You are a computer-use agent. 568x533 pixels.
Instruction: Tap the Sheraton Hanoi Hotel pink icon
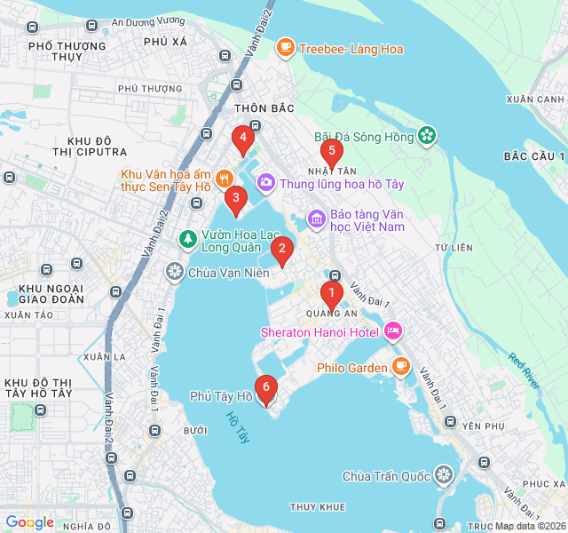point(394,332)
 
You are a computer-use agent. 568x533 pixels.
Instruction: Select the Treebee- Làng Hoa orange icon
point(285,49)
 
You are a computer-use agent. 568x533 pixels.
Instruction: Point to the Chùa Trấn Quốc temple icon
point(444,477)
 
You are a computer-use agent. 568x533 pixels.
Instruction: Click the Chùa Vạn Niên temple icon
point(175,273)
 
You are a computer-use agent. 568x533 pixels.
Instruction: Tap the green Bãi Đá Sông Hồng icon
point(427,136)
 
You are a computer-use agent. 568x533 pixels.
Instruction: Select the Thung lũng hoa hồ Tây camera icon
point(265,184)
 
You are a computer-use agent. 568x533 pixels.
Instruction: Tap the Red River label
point(524,370)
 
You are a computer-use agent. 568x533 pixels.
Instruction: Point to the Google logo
point(30,522)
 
